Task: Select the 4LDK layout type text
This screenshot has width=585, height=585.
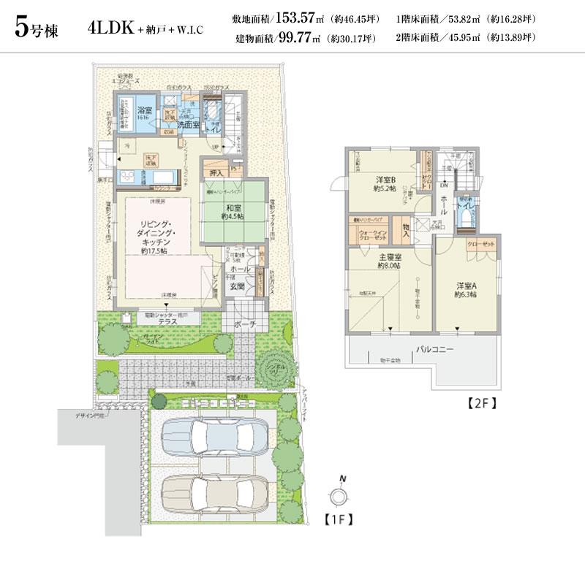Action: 110,28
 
